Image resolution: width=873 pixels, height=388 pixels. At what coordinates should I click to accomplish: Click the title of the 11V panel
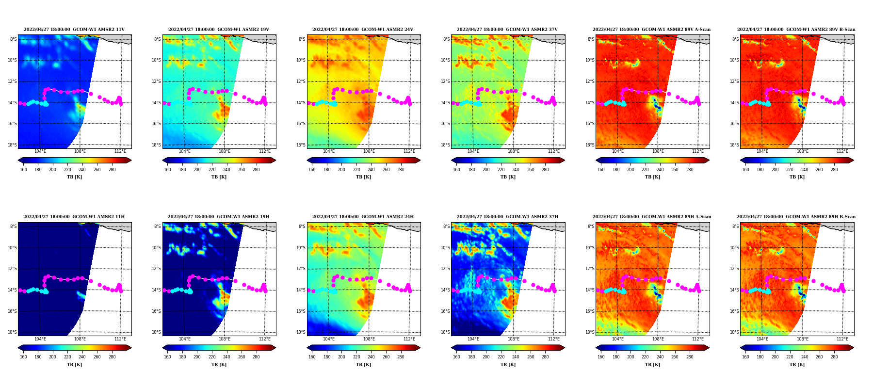point(74,30)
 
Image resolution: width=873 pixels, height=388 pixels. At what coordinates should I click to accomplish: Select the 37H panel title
point(507,217)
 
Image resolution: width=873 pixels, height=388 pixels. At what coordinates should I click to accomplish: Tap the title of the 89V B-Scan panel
point(796,30)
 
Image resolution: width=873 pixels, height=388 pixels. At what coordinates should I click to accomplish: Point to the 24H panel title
point(363,217)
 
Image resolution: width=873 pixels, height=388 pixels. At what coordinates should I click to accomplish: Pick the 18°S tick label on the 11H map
point(13,332)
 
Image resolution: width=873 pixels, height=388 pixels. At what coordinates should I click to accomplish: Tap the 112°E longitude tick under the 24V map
point(409,151)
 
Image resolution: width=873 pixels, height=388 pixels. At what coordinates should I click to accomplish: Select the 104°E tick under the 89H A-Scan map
point(617,339)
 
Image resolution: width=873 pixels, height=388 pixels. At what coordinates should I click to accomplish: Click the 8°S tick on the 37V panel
point(446,39)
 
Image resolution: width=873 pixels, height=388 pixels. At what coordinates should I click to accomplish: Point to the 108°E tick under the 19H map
point(225,339)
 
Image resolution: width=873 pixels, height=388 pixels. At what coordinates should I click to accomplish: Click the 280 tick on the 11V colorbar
point(112,170)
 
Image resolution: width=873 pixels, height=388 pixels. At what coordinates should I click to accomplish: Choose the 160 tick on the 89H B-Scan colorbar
point(745,357)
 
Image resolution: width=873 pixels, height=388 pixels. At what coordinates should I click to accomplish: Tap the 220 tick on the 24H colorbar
point(356,357)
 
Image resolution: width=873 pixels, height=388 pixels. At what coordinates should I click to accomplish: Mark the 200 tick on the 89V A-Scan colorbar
point(630,170)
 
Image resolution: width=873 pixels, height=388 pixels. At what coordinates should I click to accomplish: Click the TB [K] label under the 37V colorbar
point(508,177)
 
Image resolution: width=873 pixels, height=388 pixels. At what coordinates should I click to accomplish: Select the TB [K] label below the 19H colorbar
point(219,365)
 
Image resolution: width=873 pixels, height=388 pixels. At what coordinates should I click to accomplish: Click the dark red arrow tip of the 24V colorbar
point(420,160)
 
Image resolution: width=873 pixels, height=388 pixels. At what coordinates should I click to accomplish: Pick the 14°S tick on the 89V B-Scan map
point(734,103)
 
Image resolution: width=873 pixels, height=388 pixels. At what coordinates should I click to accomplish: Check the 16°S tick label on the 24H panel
point(301,311)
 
